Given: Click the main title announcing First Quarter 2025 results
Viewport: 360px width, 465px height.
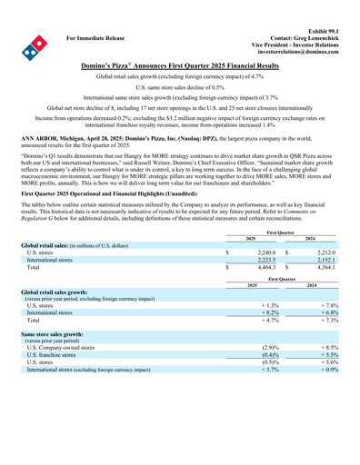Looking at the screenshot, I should coord(180,67).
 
